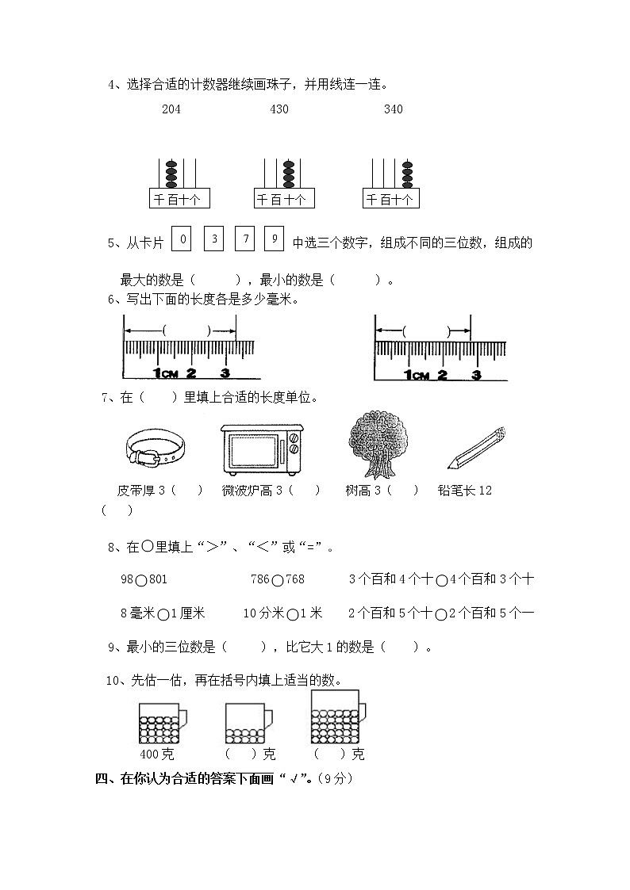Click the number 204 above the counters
(171, 109)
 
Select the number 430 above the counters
(279, 109)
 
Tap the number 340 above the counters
(393, 109)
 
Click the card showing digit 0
(182, 239)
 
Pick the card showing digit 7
(245, 239)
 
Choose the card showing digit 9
(275, 239)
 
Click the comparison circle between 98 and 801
(140, 580)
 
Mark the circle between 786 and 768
(277, 580)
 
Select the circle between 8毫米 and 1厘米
(163, 613)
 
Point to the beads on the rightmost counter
(407, 173)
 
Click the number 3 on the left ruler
(225, 372)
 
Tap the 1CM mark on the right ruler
(416, 374)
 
